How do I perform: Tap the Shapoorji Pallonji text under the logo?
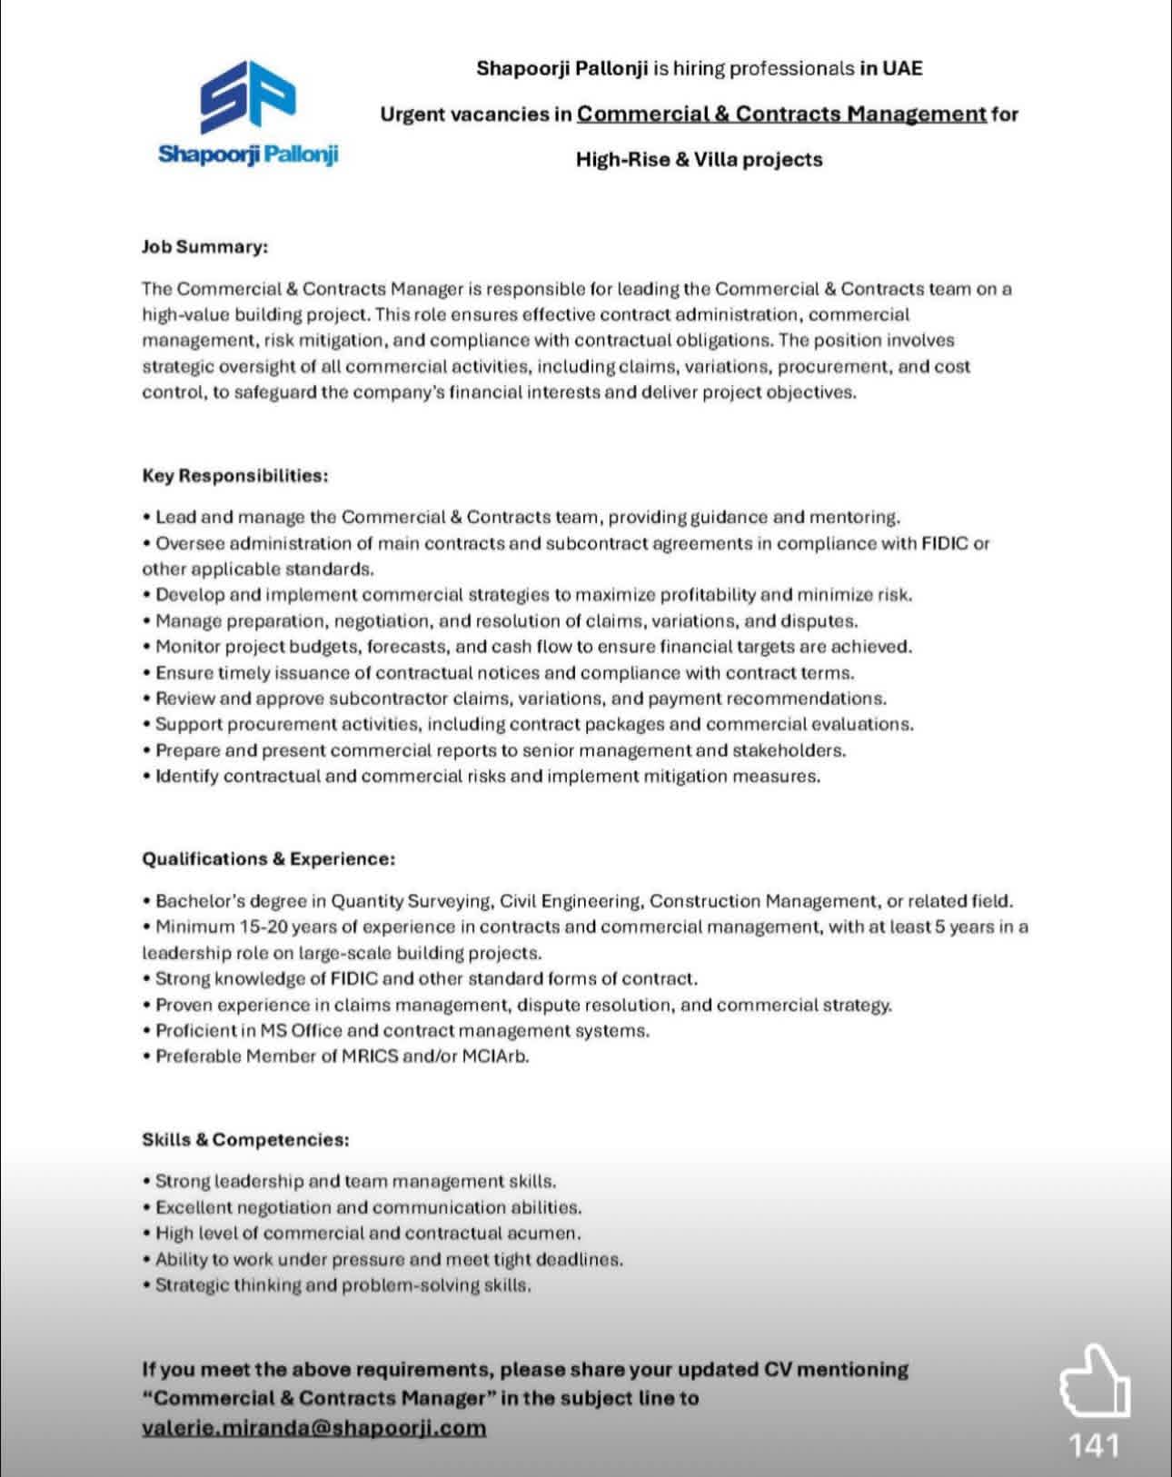(248, 154)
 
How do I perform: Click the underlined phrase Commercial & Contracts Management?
(780, 114)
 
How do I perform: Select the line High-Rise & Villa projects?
(699, 160)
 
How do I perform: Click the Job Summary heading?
(204, 246)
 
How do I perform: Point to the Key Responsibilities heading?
(234, 475)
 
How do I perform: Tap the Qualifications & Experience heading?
(268, 858)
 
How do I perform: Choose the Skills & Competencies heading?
(245, 1139)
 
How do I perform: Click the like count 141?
(1094, 1445)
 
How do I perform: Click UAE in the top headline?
(903, 68)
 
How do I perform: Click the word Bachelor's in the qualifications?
(201, 902)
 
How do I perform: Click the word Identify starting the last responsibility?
(186, 777)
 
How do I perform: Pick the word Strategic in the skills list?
(192, 1285)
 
